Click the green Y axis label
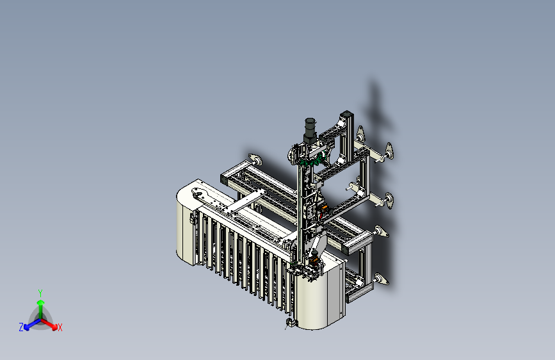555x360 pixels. [40, 293]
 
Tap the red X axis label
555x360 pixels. [60, 328]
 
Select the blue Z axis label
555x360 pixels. [21, 327]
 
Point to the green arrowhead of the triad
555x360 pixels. [41, 302]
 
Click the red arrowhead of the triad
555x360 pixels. [54, 327]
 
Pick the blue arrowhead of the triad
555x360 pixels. [27, 327]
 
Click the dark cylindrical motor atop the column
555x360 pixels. [310, 131]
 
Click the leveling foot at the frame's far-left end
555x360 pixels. [255, 160]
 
